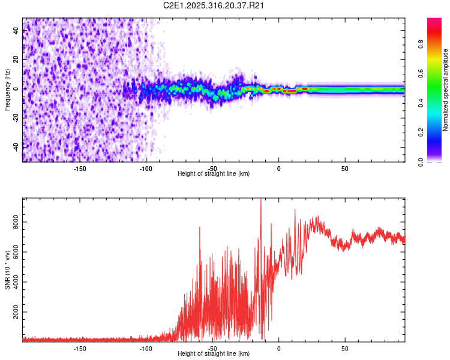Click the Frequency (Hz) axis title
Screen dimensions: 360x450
(7, 89)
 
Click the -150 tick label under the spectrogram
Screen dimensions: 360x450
(80, 168)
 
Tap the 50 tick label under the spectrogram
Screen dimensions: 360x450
(345, 168)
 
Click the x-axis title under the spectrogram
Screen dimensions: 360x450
(214, 174)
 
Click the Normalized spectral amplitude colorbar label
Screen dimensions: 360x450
(446, 91)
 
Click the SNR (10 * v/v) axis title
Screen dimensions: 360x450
(7, 269)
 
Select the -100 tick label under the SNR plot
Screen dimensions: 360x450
(146, 348)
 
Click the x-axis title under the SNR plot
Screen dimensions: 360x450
(214, 354)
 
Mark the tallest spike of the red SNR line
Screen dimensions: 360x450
(260, 200)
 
